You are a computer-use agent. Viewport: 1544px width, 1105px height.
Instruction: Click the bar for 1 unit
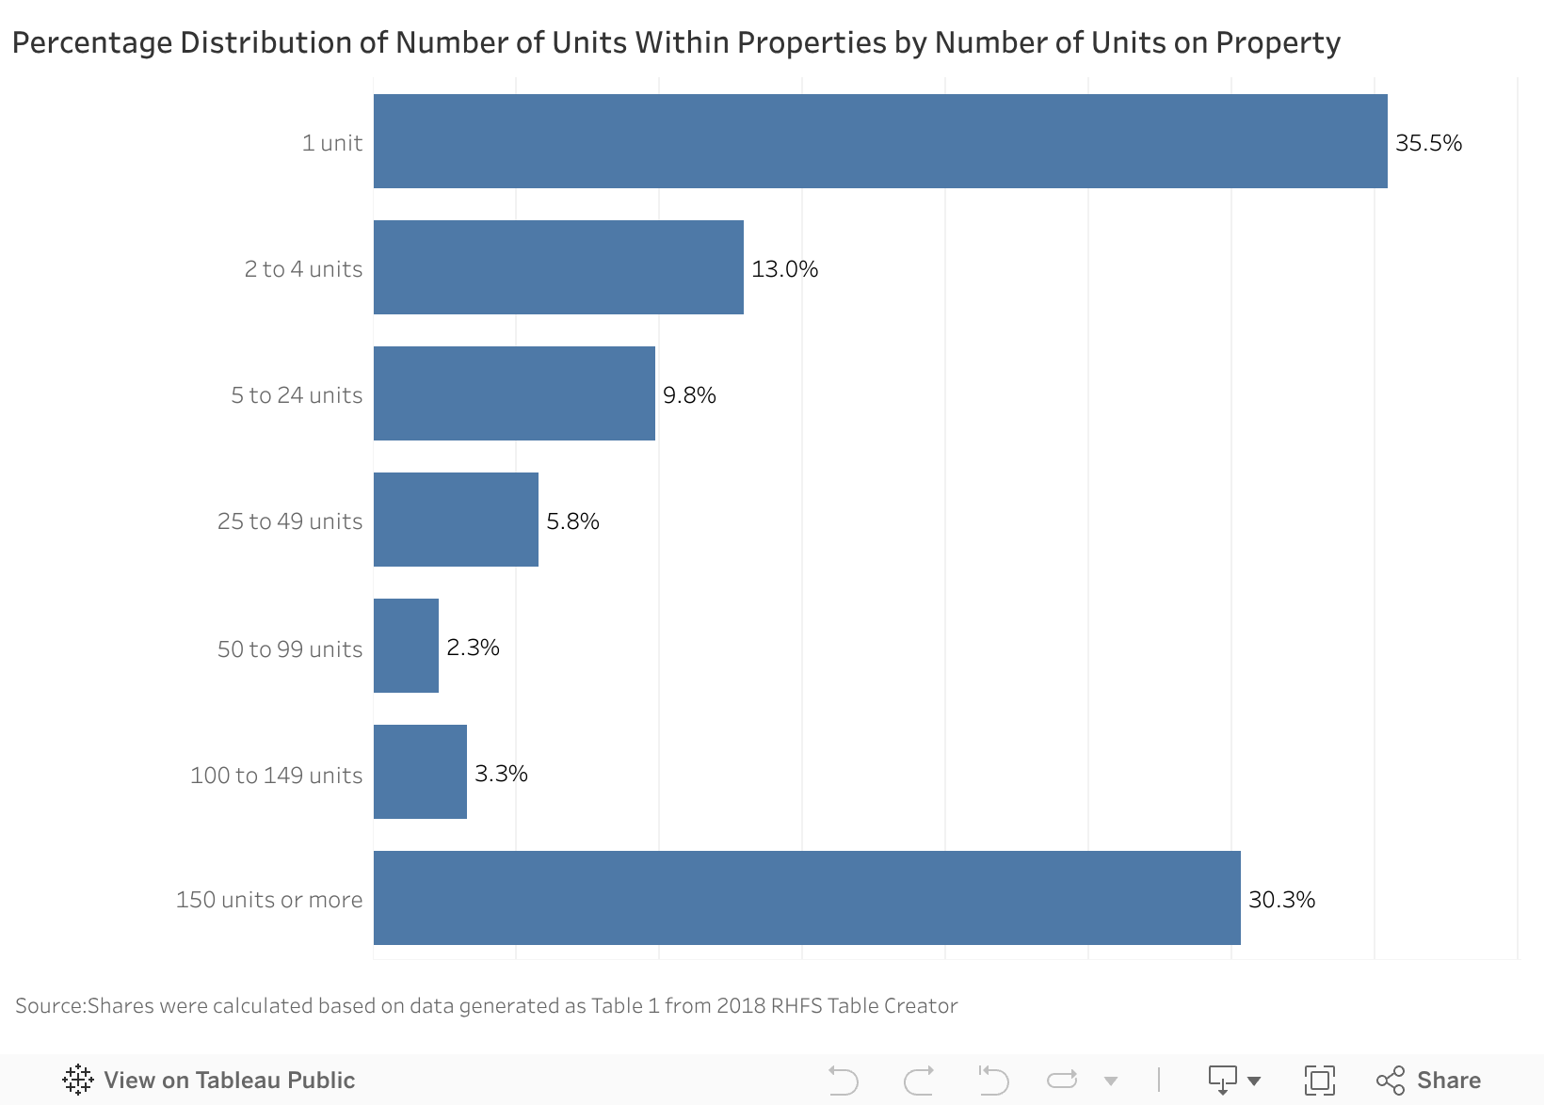point(880,141)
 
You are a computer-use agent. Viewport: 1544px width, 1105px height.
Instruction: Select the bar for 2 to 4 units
point(558,267)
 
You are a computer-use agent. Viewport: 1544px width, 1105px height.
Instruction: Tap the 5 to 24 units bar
point(514,393)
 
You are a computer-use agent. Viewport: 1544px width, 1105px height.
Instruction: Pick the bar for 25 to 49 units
point(456,520)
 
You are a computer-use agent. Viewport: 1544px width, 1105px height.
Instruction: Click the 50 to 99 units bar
point(406,646)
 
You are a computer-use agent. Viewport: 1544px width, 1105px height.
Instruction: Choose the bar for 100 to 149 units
point(420,772)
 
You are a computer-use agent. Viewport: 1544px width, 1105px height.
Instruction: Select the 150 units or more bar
point(807,898)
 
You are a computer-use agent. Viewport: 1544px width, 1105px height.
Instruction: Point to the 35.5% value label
point(1428,143)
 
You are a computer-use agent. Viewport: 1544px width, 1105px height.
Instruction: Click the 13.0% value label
point(784,269)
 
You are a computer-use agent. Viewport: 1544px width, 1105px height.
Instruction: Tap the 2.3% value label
point(473,648)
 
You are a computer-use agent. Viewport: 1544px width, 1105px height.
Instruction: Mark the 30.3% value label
point(1281,900)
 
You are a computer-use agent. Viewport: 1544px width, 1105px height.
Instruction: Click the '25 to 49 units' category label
point(290,521)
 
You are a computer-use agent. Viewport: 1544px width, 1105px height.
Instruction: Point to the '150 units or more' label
point(269,900)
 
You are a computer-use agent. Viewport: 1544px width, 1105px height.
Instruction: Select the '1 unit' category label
point(332,143)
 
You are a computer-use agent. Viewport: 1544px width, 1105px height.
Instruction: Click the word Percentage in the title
point(91,42)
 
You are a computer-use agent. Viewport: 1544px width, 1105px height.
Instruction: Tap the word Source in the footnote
point(50,1006)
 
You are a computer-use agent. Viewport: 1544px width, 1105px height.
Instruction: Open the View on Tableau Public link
point(209,1080)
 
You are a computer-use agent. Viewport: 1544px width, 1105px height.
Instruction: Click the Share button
point(1428,1080)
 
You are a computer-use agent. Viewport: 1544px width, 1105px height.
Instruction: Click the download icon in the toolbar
point(1223,1080)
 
